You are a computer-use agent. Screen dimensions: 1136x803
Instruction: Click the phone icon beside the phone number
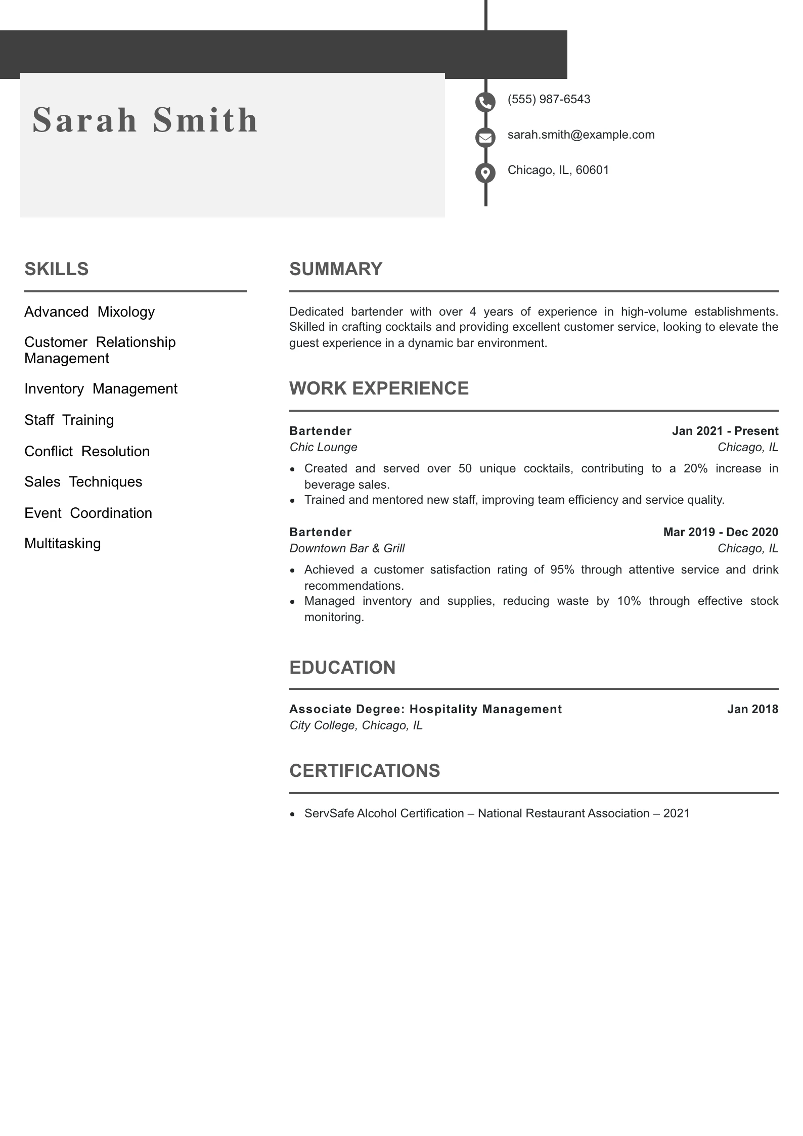click(x=485, y=102)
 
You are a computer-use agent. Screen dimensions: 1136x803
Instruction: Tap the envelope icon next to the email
click(x=485, y=137)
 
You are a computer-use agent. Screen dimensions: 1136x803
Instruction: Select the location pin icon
click(x=485, y=173)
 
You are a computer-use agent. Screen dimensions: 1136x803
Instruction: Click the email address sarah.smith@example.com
click(x=581, y=135)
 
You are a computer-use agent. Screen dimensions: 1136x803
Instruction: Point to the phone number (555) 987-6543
click(x=549, y=99)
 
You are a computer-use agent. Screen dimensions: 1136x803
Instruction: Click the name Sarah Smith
click(x=146, y=120)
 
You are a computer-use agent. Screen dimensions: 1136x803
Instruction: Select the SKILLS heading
click(x=57, y=269)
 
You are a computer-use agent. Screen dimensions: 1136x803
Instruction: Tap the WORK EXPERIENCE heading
click(x=379, y=388)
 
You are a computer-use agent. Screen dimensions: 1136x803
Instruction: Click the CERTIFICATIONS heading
click(x=365, y=771)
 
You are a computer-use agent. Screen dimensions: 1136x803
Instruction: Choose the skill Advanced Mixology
click(x=90, y=312)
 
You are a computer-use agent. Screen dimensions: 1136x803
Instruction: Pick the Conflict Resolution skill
click(x=87, y=451)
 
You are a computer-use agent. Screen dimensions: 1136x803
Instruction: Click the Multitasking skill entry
click(x=63, y=543)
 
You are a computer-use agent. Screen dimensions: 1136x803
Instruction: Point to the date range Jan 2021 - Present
click(x=725, y=431)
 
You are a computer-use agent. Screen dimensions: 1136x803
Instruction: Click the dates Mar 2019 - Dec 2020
click(x=720, y=532)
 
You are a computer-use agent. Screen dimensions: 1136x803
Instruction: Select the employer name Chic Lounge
click(x=323, y=447)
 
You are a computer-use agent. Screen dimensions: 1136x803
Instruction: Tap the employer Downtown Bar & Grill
click(x=347, y=548)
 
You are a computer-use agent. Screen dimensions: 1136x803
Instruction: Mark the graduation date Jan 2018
click(x=752, y=709)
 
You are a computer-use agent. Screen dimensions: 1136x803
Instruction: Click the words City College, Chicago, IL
click(x=356, y=725)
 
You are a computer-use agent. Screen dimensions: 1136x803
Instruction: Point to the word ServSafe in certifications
click(x=329, y=813)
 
